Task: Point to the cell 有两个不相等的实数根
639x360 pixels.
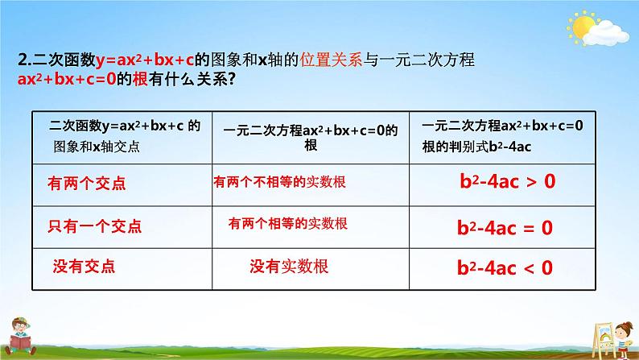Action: [279, 183]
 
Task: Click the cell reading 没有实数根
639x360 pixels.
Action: [289, 267]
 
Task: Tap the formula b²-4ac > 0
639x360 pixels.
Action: [506, 182]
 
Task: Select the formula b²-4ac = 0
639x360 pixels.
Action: [505, 227]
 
